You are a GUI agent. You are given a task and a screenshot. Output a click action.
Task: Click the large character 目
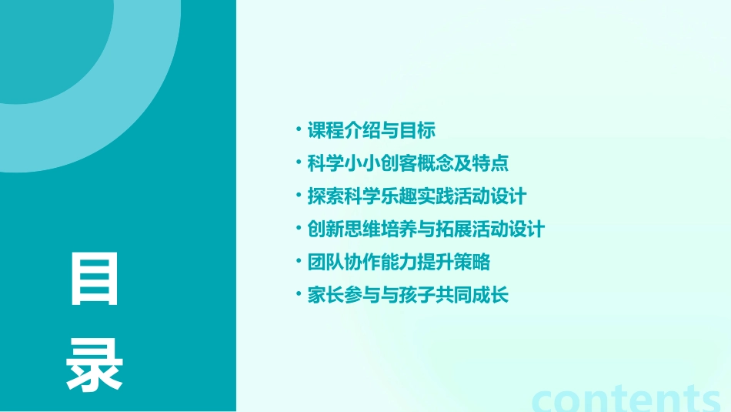point(95,280)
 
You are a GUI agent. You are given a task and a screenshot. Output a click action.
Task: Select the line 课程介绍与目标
point(372,130)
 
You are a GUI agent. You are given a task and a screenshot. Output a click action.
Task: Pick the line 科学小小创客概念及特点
point(408,163)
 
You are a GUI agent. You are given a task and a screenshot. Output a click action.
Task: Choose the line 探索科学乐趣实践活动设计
point(417,196)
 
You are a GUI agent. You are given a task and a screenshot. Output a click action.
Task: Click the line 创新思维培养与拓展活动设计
point(426,229)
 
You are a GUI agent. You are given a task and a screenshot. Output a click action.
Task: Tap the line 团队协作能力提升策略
point(399,263)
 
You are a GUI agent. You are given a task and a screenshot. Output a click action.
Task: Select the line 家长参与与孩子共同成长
point(408,296)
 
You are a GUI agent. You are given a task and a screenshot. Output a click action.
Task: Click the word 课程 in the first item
point(325,130)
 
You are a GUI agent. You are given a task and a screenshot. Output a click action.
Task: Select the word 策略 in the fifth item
point(472,263)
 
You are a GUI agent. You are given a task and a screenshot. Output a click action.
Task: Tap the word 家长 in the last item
point(325,296)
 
